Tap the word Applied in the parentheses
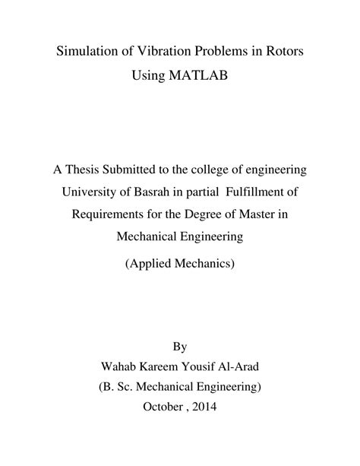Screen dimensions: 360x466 (152, 265)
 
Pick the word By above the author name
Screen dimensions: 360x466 (179, 347)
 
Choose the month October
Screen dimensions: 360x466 (164, 407)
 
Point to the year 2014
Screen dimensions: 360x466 (204, 407)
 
